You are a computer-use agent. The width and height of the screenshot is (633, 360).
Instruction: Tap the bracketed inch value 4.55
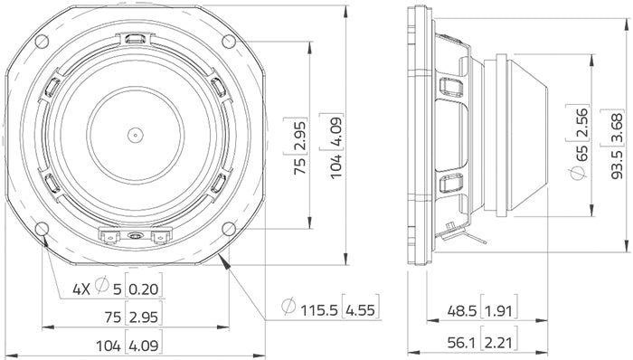(x=364, y=308)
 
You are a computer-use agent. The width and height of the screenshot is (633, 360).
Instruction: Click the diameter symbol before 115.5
(x=288, y=308)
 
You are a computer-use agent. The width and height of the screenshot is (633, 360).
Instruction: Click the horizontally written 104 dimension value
(x=112, y=344)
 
